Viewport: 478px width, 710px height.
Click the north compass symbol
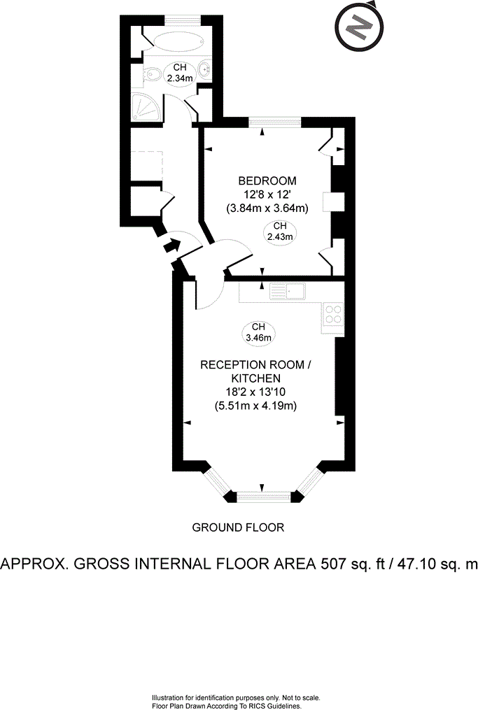tap(360, 27)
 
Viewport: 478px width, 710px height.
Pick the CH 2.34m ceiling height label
tap(180, 73)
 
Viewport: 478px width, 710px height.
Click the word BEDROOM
tap(266, 180)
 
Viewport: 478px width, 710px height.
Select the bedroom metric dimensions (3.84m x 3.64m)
tap(267, 208)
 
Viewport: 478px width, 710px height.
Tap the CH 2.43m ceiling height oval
tap(280, 231)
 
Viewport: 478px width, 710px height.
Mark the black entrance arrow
tap(169, 246)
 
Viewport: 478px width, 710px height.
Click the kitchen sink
tap(286, 291)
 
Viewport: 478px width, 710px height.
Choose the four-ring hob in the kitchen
tap(333, 314)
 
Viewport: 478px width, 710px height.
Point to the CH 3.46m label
tap(258, 332)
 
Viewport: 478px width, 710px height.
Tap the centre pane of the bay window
tap(262, 497)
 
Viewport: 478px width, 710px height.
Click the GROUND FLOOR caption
tap(238, 527)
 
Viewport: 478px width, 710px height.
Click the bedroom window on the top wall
tap(274, 122)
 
